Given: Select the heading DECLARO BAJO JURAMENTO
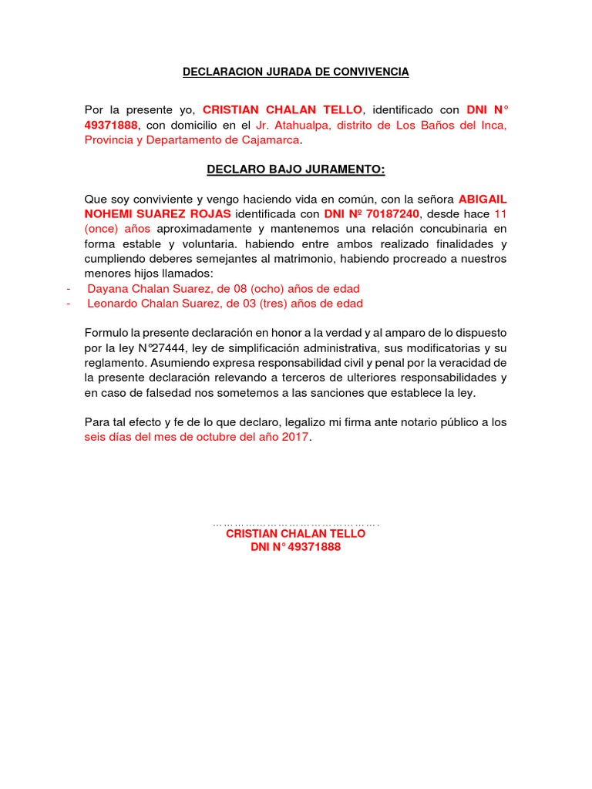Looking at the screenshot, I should tap(295, 170).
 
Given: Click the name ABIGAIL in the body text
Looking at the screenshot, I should tap(483, 199).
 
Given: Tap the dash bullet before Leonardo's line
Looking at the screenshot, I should tap(69, 304).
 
